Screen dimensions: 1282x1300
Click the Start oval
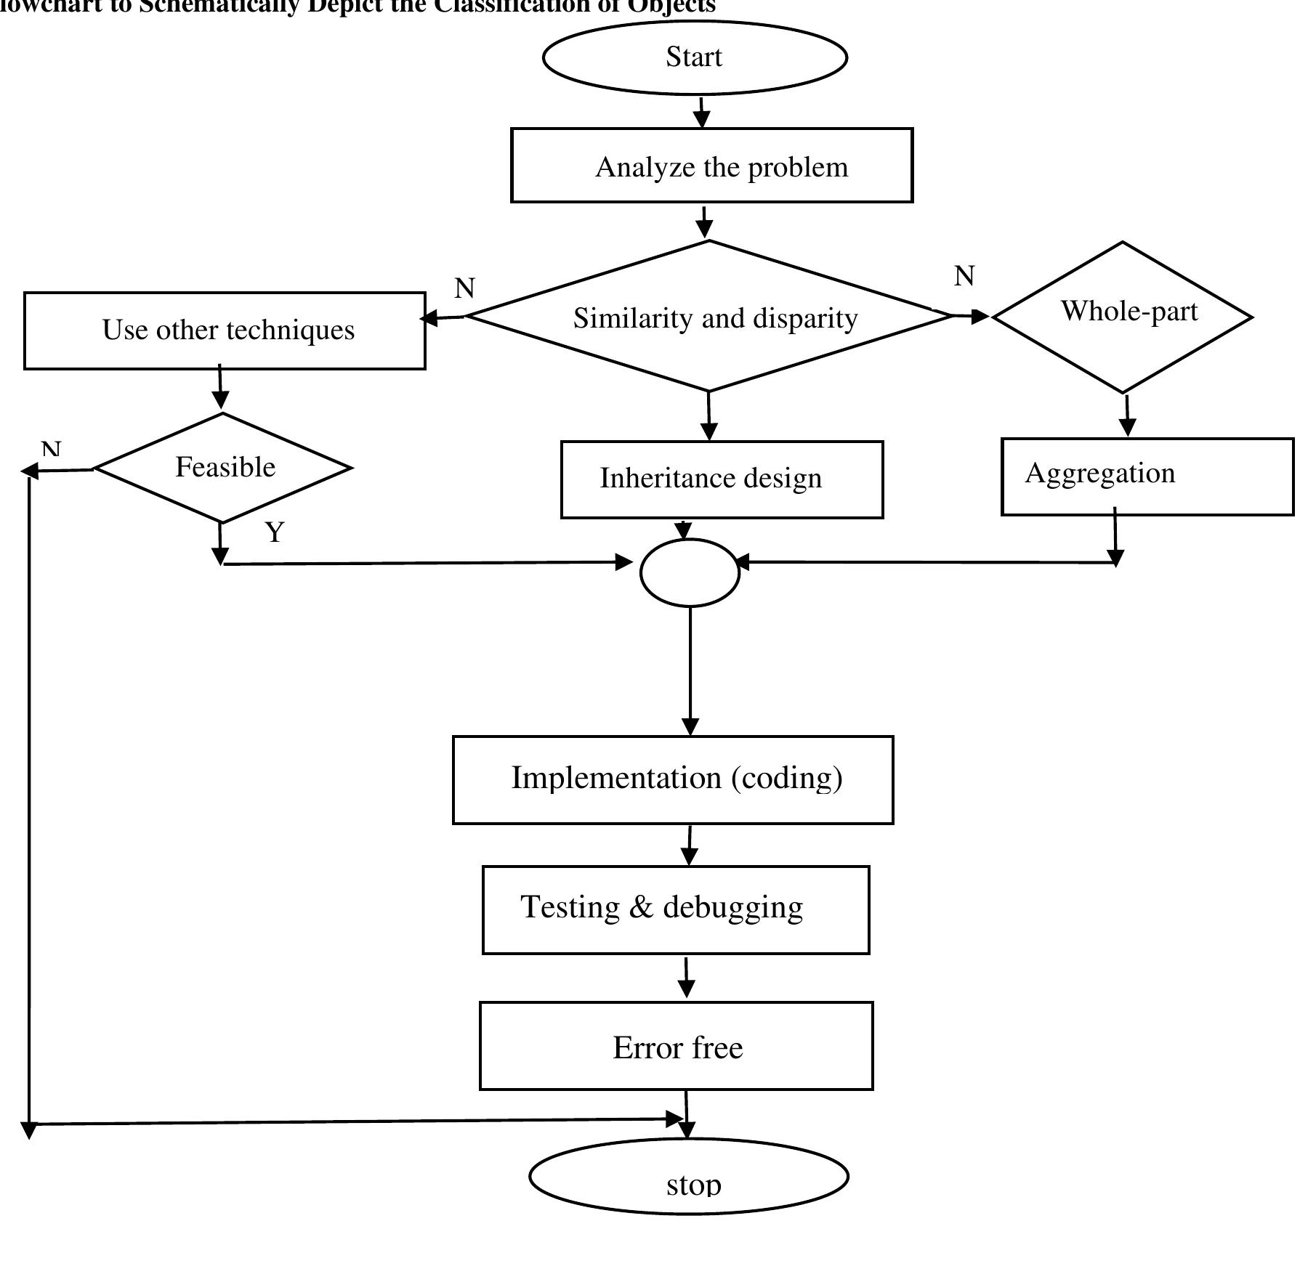point(694,57)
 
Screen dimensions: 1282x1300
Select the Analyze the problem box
point(711,166)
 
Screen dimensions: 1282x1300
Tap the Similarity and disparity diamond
point(709,317)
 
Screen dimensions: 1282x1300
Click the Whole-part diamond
point(1122,317)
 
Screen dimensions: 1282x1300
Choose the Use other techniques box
point(225,330)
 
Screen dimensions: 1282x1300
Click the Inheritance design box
point(722,479)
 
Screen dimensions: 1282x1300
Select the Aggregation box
point(1147,476)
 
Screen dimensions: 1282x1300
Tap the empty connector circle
point(690,572)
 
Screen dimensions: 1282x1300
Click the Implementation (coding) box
point(673,779)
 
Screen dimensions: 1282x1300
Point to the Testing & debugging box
point(675,909)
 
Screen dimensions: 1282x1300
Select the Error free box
point(676,1046)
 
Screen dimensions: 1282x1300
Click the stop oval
point(688,1175)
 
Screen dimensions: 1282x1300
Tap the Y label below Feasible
point(275,532)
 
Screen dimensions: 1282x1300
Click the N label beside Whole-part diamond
point(964,276)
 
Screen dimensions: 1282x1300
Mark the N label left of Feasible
point(51,448)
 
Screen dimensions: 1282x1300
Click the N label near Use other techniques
point(464,288)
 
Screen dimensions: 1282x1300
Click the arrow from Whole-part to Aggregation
point(1127,415)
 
